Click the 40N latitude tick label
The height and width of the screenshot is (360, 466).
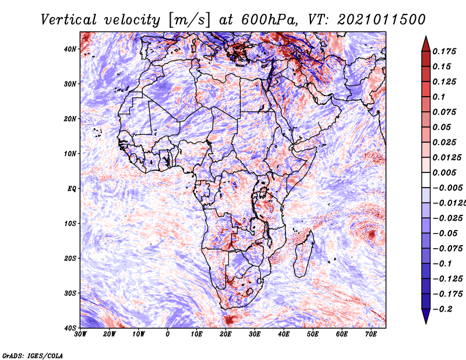(70, 49)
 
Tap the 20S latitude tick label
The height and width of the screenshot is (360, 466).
(70, 258)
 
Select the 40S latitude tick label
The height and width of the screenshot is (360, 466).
(70, 328)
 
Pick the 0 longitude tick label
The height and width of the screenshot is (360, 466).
(168, 334)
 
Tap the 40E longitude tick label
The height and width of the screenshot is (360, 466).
(284, 334)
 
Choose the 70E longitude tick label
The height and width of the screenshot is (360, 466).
(371, 334)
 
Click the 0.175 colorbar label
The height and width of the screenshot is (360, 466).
(444, 51)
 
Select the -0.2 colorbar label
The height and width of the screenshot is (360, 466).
(442, 309)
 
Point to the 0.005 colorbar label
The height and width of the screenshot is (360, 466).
(444, 172)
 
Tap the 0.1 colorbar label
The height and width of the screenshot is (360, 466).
(439, 97)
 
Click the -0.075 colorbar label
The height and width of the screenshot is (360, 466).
(447, 248)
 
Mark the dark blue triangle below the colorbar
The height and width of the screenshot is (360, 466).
(426, 317)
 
